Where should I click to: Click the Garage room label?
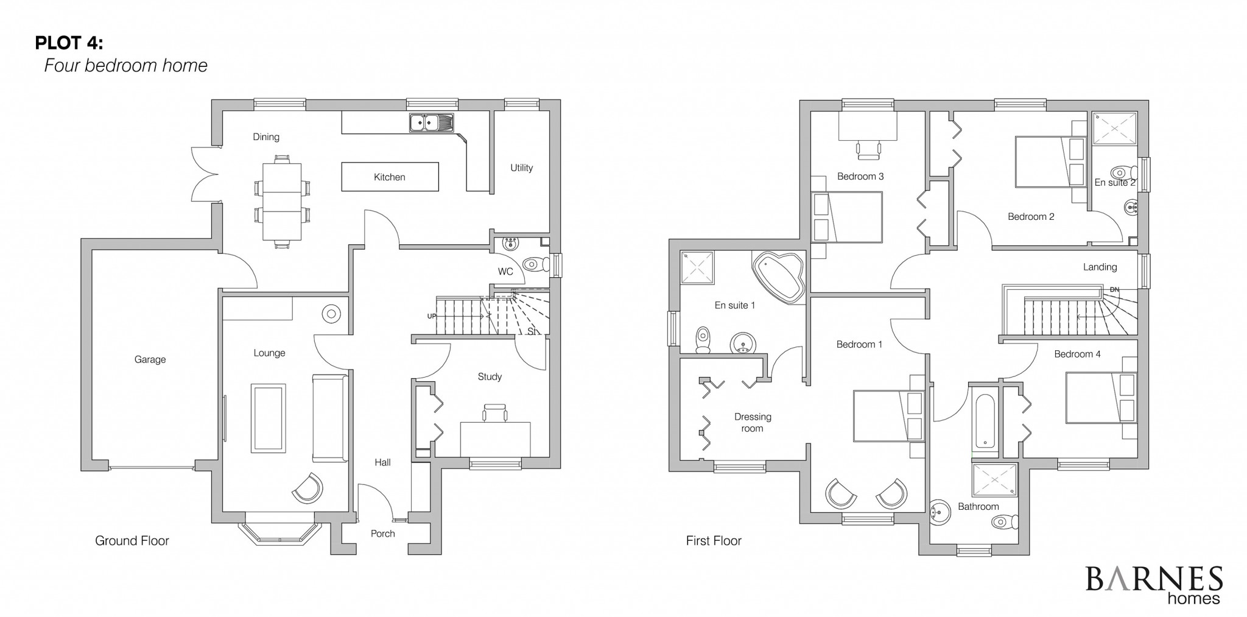coord(150,360)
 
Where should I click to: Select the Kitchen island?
coord(390,177)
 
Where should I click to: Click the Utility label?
coord(522,168)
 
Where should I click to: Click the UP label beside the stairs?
coord(432,316)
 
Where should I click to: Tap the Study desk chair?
coord(495,413)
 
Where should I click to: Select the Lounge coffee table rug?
coord(269,418)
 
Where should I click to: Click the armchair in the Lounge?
coord(307,488)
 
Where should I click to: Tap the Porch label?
coord(383,534)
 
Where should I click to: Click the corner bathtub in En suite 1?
coord(779,277)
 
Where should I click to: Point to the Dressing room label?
coord(753,423)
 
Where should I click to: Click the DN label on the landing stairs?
coord(1114,289)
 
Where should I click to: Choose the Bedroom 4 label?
coord(1077,354)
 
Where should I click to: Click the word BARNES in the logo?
coord(1153,579)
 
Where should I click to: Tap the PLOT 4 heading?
coord(69,43)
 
